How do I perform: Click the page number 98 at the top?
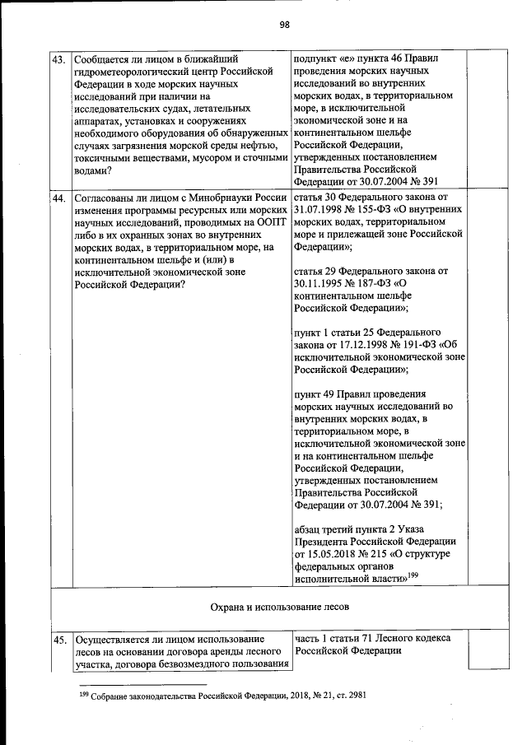[284, 24]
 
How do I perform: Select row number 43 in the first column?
[59, 59]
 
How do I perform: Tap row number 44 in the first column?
[59, 198]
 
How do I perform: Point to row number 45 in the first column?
[59, 639]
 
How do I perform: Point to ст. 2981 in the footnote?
[347, 696]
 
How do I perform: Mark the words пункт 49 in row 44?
[314, 393]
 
